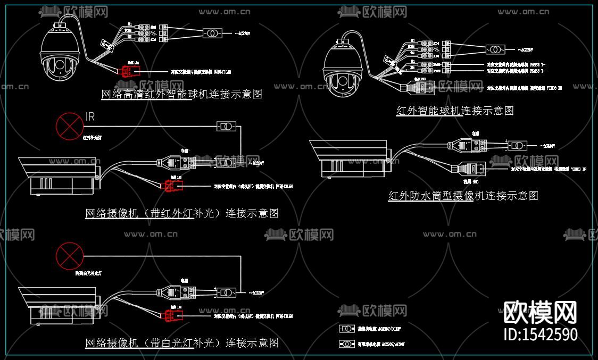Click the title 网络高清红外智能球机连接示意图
[181, 95]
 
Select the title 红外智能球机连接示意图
[455, 111]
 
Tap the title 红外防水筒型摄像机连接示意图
[463, 196]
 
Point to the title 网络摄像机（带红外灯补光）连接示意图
[182, 213]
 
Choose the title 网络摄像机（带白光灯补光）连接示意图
[182, 343]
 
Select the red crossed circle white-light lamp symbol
[69, 255]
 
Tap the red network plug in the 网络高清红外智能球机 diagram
[129, 70]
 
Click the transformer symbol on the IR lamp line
[226, 127]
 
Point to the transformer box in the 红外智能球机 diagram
[495, 49]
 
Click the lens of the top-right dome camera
[343, 82]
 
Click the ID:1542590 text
[540, 334]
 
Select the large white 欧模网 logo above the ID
[540, 312]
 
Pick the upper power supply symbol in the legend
[347, 328]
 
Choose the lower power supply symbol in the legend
[347, 344]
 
